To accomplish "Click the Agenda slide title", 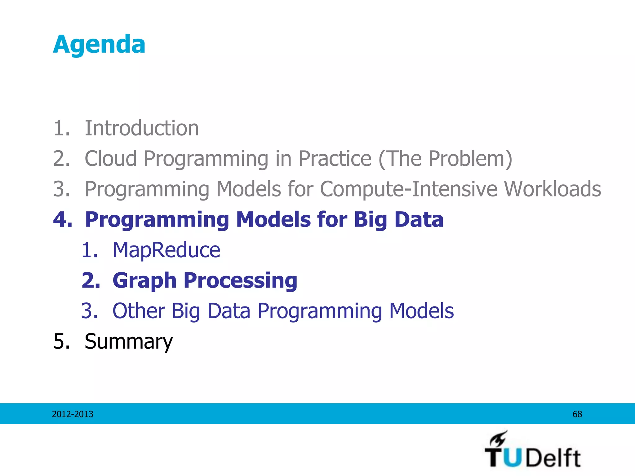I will (x=99, y=44).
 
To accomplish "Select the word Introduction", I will (x=141, y=128).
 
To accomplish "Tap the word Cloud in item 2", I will (x=111, y=158).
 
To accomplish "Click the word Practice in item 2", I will (x=335, y=158).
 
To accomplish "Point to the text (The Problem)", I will (x=445, y=158).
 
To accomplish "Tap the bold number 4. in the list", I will (x=63, y=219).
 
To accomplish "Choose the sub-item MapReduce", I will (x=166, y=250).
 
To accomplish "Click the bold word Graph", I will (x=144, y=280).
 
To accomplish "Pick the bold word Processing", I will (x=240, y=280).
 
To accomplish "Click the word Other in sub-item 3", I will (x=139, y=311).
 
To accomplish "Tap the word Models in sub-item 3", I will (x=421, y=311).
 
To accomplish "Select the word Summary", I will (x=128, y=341).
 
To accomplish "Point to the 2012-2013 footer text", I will (x=73, y=414).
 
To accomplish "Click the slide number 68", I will (x=577, y=414).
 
